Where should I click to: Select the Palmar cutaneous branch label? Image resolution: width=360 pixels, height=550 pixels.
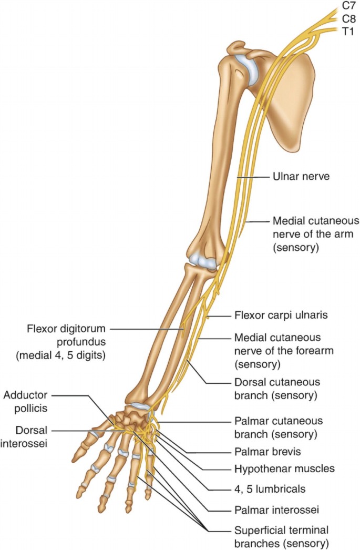(277, 427)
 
